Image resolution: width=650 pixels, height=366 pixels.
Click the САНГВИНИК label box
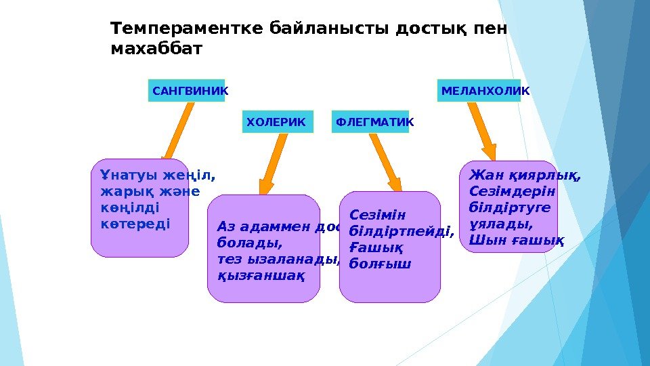coord(186,90)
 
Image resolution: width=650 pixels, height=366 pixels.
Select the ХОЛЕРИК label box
coord(278,122)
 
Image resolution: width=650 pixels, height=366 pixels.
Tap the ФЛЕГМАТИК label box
coord(370,122)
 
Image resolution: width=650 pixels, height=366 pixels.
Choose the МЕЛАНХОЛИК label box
coord(479,90)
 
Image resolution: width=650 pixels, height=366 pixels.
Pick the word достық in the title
coord(428,29)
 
